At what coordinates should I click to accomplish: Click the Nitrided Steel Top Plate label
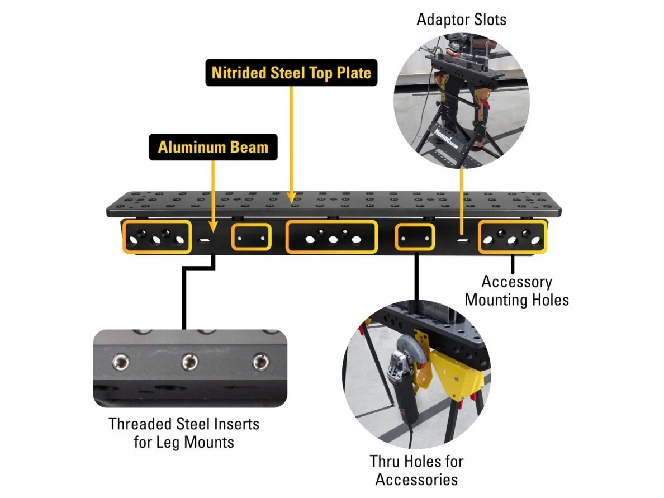coord(291,73)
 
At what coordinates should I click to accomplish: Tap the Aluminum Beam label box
coord(213,147)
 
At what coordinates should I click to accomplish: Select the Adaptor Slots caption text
coord(461,20)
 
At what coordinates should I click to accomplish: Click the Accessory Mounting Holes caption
coord(516,291)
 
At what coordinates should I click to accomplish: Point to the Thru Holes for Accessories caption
coord(417,470)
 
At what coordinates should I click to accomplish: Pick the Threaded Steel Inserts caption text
coord(184,433)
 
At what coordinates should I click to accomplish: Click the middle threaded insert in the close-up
coord(189,362)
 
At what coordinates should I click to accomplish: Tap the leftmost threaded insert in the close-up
coord(121,362)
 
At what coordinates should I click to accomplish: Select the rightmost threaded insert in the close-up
coord(260,363)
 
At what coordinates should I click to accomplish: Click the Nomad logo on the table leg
coord(443,136)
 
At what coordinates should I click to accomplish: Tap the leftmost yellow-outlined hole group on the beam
coord(156,237)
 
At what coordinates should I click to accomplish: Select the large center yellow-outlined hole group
coord(331,237)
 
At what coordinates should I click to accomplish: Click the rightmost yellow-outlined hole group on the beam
coord(513,237)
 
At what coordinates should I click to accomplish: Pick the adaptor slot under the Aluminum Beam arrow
coord(204,241)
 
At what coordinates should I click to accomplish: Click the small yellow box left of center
coord(252,237)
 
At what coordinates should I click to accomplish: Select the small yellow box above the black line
coord(415,237)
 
